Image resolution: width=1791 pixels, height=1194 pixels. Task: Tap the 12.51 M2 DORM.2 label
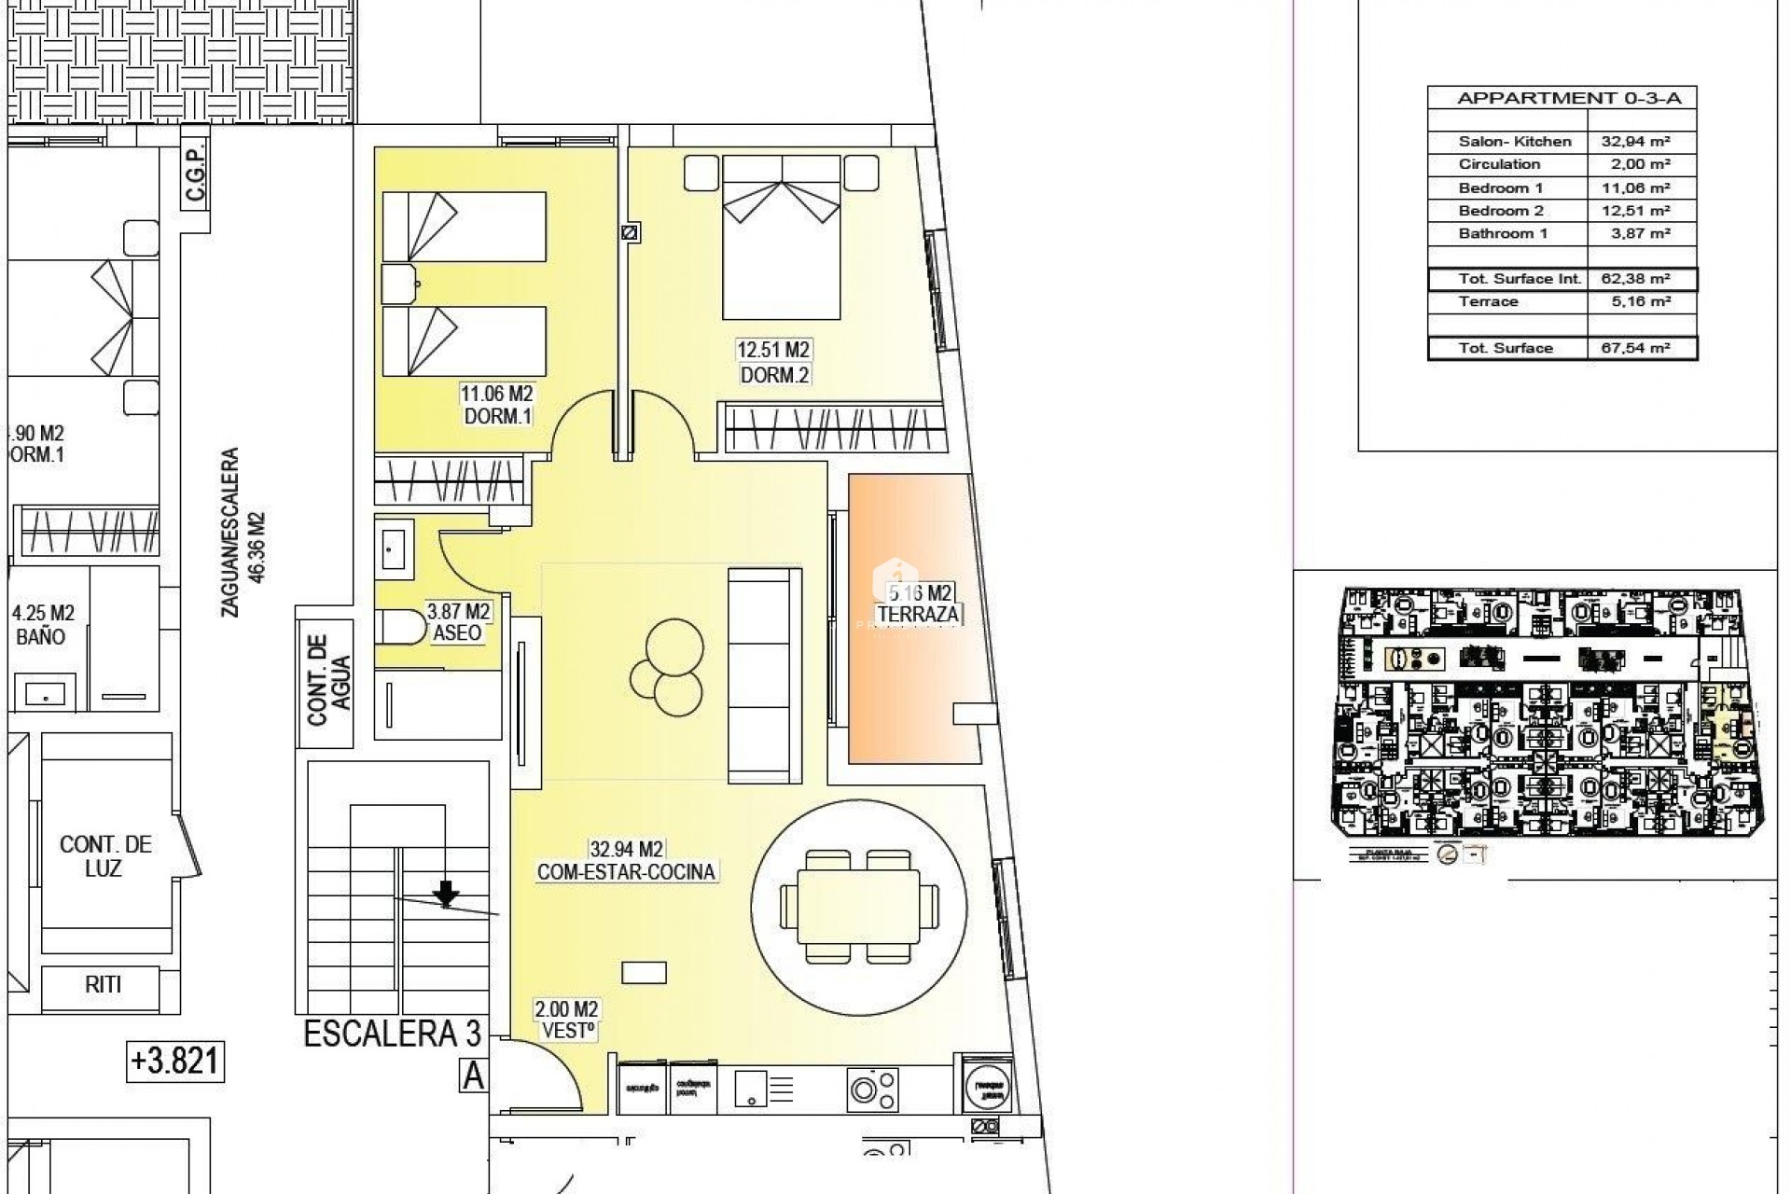pyautogui.click(x=773, y=363)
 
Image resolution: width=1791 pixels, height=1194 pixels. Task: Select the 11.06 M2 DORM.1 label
pyautogui.click(x=497, y=406)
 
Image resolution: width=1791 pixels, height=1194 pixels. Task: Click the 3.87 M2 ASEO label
pyautogui.click(x=458, y=622)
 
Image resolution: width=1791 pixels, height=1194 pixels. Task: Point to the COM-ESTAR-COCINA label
pyautogui.click(x=626, y=871)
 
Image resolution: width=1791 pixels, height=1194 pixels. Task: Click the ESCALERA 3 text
pyautogui.click(x=392, y=1034)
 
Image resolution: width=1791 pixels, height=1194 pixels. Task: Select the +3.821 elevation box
pyautogui.click(x=174, y=1061)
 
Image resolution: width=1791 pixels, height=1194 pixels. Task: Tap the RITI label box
pyautogui.click(x=103, y=985)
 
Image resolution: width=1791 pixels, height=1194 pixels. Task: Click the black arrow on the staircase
pyautogui.click(x=447, y=893)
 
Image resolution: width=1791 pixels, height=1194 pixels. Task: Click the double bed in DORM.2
pyautogui.click(x=781, y=238)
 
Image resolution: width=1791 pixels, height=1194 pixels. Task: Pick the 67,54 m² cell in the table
pyautogui.click(x=1642, y=348)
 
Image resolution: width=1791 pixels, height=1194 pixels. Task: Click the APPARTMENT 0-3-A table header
pyautogui.click(x=1562, y=98)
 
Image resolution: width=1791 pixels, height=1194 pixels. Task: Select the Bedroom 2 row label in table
pyautogui.click(x=1501, y=211)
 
